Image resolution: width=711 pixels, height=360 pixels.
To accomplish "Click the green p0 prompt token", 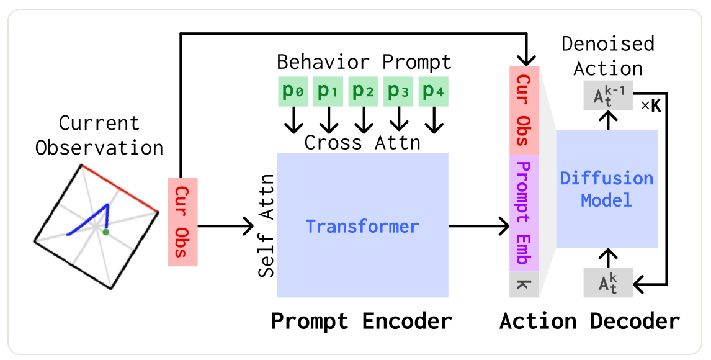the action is pyautogui.click(x=293, y=92).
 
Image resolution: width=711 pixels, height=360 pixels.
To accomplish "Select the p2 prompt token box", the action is pyautogui.click(x=363, y=92).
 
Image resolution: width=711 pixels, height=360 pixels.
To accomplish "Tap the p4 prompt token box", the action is pyautogui.click(x=434, y=92).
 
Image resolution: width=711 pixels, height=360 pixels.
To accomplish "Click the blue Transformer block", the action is pyautogui.click(x=363, y=225).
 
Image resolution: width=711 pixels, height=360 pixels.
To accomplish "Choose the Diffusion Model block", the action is pyautogui.click(x=607, y=189).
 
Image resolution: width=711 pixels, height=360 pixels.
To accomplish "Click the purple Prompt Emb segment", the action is pyautogui.click(x=524, y=213).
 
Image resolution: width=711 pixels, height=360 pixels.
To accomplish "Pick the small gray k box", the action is pyautogui.click(x=524, y=285).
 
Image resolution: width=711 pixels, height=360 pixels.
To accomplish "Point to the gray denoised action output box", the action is pyautogui.click(x=608, y=96).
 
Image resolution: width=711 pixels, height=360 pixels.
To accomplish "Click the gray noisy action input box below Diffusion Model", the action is pyautogui.click(x=608, y=283).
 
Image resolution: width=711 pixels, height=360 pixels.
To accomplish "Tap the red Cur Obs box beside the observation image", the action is pyautogui.click(x=183, y=222).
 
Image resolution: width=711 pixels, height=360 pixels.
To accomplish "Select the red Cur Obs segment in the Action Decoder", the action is pyautogui.click(x=524, y=110).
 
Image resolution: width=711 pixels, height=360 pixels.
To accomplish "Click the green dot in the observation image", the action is pyautogui.click(x=105, y=232).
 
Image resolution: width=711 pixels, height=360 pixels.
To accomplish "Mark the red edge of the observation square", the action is pyautogui.click(x=120, y=188).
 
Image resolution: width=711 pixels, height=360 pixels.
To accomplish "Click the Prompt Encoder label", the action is pyautogui.click(x=362, y=322).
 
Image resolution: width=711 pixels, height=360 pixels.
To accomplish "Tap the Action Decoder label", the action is pyautogui.click(x=589, y=322).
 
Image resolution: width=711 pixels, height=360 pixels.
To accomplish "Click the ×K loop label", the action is pyautogui.click(x=651, y=106).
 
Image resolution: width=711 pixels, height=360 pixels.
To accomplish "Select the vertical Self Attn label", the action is pyautogui.click(x=267, y=225).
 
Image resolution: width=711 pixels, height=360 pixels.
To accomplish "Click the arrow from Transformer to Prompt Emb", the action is pyautogui.click(x=479, y=226).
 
